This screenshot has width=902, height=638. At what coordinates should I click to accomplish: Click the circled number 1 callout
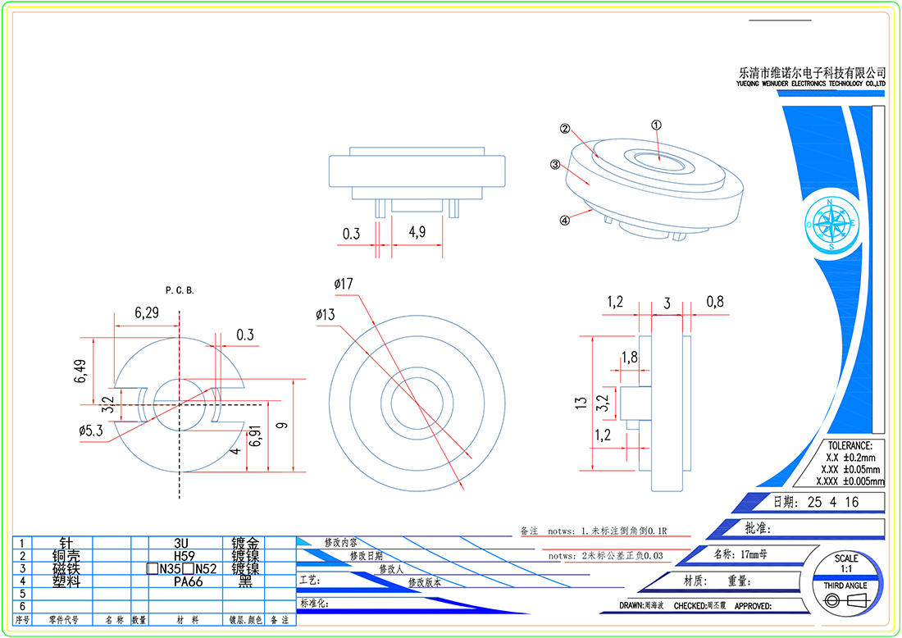pyautogui.click(x=656, y=125)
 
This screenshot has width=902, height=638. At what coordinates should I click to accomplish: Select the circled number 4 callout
pyautogui.click(x=564, y=220)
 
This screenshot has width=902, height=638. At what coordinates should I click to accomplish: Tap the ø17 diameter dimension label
pyautogui.click(x=344, y=284)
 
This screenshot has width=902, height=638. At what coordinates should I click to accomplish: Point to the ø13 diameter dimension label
pyautogui.click(x=325, y=314)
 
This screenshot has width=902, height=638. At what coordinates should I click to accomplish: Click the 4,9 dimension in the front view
pyautogui.click(x=417, y=233)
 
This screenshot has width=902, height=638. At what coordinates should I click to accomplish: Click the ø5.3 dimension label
pyautogui.click(x=90, y=431)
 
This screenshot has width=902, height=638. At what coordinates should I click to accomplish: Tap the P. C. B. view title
pyautogui.click(x=180, y=290)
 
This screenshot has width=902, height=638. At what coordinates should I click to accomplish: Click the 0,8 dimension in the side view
pyautogui.click(x=715, y=302)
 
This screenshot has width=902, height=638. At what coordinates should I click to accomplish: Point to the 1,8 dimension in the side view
pyautogui.click(x=630, y=357)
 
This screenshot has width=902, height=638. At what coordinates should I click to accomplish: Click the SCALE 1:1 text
pyautogui.click(x=846, y=563)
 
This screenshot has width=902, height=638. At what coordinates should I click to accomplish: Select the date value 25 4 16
pyautogui.click(x=833, y=502)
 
